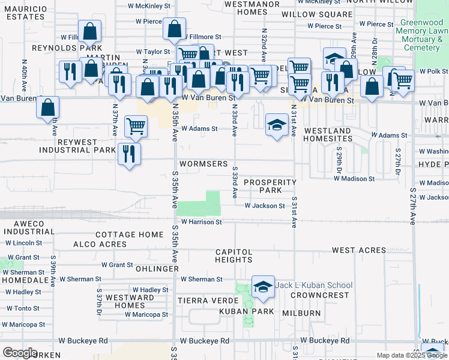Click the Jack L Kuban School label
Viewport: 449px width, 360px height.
314,285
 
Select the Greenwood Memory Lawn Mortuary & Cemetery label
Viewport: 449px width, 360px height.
423,35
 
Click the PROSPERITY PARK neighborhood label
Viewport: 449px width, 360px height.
270,186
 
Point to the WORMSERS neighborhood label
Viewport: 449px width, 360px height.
205,164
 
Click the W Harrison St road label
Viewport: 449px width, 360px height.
202,222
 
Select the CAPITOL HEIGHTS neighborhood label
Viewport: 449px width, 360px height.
234,256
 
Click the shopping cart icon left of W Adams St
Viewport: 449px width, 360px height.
136,126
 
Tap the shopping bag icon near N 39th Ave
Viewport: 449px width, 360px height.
47,108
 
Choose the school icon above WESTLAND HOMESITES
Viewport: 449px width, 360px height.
276,125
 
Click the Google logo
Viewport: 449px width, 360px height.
20,353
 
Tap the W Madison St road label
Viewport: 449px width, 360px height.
354,178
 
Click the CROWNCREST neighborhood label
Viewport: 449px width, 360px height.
325,295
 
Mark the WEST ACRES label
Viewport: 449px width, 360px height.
358,250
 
